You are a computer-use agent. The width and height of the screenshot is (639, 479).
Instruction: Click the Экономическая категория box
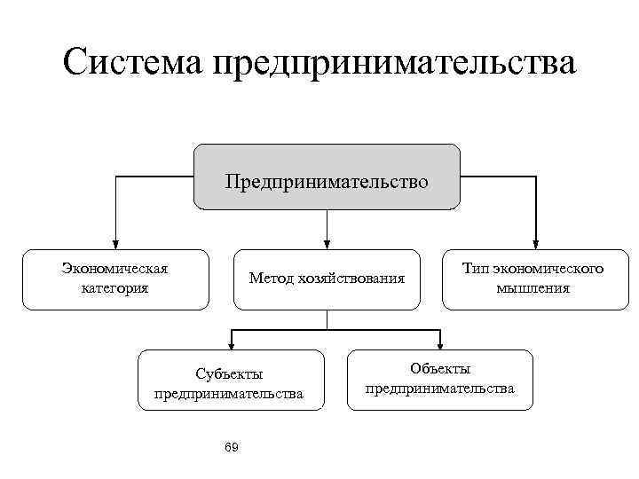point(115,279)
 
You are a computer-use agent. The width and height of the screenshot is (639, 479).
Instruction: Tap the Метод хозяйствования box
point(327,279)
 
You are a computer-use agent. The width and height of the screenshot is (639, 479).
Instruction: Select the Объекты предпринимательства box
point(440,379)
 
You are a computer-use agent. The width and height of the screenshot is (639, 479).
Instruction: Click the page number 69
point(232,445)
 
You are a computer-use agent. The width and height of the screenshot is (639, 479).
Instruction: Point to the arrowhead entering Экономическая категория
point(115,243)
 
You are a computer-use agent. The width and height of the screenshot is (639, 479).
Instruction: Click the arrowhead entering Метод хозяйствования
point(327,243)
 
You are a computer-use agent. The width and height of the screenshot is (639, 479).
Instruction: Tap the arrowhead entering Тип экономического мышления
point(535,243)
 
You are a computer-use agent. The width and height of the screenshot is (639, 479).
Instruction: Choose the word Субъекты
point(229,373)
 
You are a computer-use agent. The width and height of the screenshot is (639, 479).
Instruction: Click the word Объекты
point(440,369)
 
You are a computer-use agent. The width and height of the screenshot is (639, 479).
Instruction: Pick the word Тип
point(476,269)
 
